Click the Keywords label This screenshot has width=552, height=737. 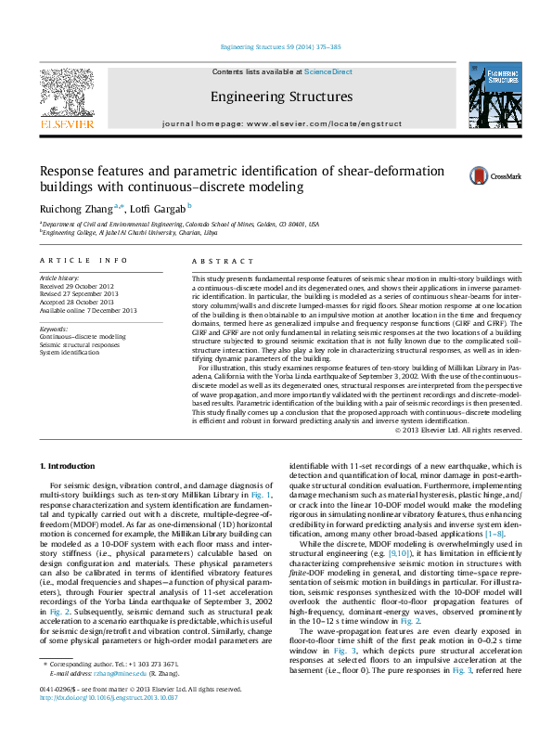[x=55, y=329]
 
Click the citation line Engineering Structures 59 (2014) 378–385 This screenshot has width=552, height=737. [x=276, y=45]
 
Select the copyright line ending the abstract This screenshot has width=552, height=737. [x=457, y=430]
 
